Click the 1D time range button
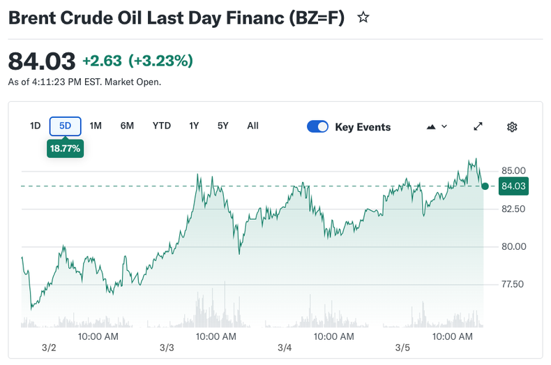tap(35, 126)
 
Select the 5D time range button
tap(66, 126)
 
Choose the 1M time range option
tap(96, 126)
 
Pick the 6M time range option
tap(127, 126)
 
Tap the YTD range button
tap(162, 126)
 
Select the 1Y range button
tap(194, 126)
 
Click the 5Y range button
tap(222, 126)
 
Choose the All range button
tap(252, 126)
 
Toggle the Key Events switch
tap(318, 127)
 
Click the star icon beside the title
tap(363, 18)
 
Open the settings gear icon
tap(512, 127)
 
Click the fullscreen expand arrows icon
tap(478, 127)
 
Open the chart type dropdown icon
tap(437, 127)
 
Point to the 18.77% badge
tap(65, 149)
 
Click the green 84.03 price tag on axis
tap(513, 186)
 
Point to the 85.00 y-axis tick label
tap(513, 170)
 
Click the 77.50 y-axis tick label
tap(513, 284)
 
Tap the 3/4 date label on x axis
tap(285, 348)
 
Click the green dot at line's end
tap(485, 186)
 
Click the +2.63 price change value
tap(103, 61)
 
